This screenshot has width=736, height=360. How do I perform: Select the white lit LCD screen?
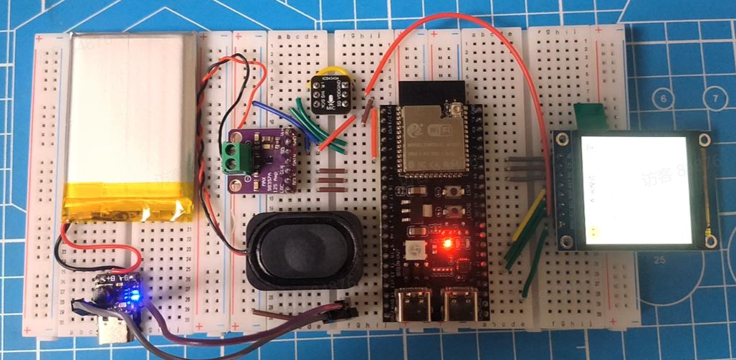coord(636,189)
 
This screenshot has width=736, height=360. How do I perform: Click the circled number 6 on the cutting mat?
coord(664,99)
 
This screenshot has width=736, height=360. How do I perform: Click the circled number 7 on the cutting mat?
coord(714,98)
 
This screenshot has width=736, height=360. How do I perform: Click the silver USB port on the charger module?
coord(113,332)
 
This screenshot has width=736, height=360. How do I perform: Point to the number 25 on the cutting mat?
coord(660,260)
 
